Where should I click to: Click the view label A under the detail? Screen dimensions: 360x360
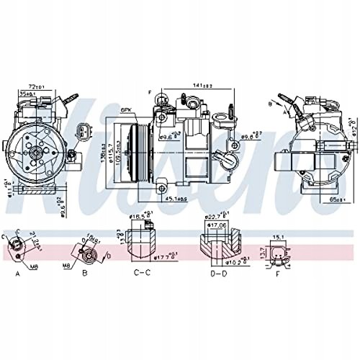17,274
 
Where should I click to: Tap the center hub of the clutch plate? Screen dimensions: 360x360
34,151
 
